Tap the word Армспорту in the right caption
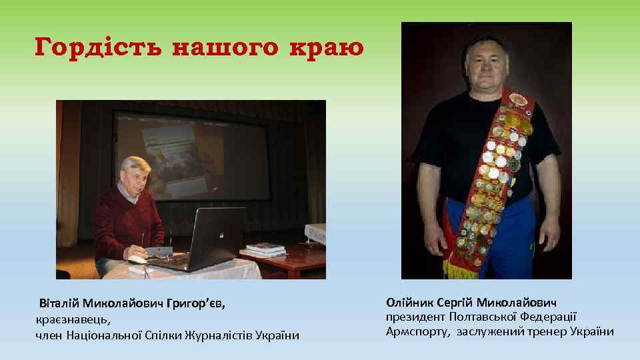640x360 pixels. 418,331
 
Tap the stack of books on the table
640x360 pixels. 265,249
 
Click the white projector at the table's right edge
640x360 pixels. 315,232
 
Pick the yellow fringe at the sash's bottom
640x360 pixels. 460,270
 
